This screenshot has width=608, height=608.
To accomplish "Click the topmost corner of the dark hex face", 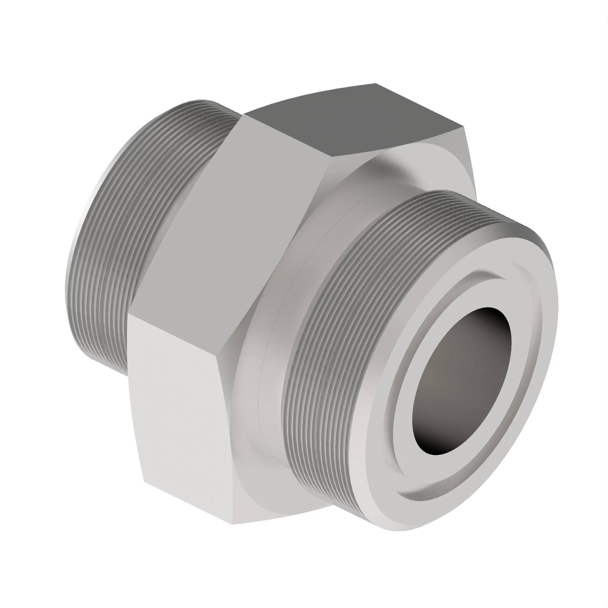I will tap(375, 84).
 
